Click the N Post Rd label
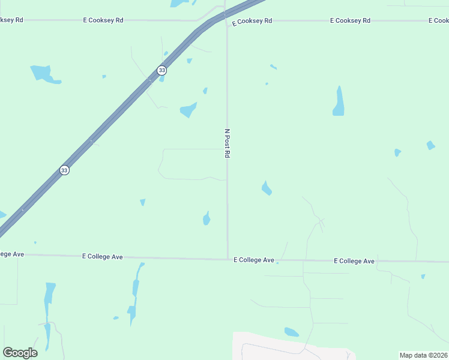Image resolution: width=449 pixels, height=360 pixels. click(x=227, y=143)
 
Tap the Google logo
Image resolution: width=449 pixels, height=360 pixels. click(x=20, y=353)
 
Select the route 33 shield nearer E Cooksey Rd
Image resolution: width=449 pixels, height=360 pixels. click(x=161, y=70)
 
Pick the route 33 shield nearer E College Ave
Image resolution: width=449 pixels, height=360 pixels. click(x=64, y=170)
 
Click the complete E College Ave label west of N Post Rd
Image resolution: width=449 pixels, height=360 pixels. click(x=102, y=257)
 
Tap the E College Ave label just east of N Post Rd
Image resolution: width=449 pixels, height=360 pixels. click(x=254, y=260)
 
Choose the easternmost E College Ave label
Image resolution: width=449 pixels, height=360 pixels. click(x=354, y=261)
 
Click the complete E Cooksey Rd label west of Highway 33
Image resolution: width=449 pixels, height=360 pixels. click(x=103, y=20)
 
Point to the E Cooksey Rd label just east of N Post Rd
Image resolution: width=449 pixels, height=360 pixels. click(x=252, y=20)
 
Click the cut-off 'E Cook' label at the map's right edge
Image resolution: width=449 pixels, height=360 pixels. click(x=438, y=20)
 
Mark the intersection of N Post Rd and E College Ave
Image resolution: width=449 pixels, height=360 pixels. click(x=228, y=259)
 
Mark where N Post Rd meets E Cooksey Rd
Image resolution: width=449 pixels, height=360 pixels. click(x=226, y=20)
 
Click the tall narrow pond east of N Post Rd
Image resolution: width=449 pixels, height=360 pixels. click(x=339, y=101)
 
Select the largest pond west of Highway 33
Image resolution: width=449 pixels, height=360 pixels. click(x=44, y=73)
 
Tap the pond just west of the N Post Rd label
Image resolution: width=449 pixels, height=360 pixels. click(x=188, y=110)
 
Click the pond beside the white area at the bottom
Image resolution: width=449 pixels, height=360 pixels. click(x=291, y=332)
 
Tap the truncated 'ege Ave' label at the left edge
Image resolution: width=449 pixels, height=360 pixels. click(x=11, y=254)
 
